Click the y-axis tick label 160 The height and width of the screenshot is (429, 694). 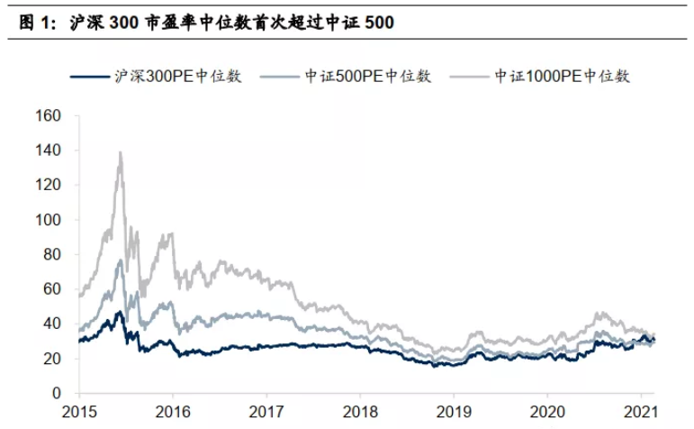click(49, 116)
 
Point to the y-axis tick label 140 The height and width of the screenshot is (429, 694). click(49, 151)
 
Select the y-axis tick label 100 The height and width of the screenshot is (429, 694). click(49, 220)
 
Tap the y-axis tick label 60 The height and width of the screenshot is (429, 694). click(53, 289)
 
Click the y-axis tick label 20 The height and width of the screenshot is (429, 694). click(53, 359)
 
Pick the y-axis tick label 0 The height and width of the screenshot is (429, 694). click(57, 394)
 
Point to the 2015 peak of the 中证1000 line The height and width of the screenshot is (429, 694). click(120, 153)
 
